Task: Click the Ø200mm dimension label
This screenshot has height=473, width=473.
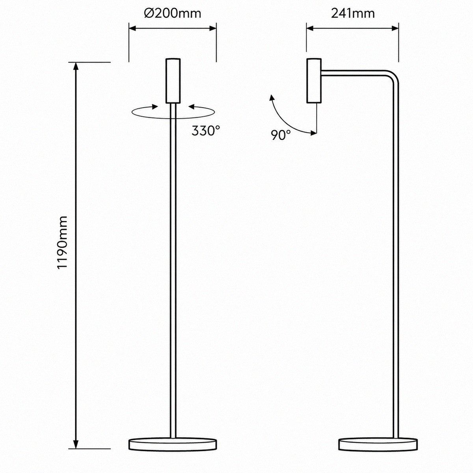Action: pyautogui.click(x=173, y=14)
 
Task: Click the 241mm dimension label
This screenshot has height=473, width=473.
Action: pyautogui.click(x=353, y=14)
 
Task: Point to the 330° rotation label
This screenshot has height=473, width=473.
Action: pyautogui.click(x=206, y=131)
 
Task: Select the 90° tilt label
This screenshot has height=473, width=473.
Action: pyautogui.click(x=281, y=135)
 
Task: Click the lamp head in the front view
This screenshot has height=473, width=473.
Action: pyautogui.click(x=173, y=80)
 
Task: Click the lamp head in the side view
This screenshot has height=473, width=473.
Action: pyautogui.click(x=314, y=80)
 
